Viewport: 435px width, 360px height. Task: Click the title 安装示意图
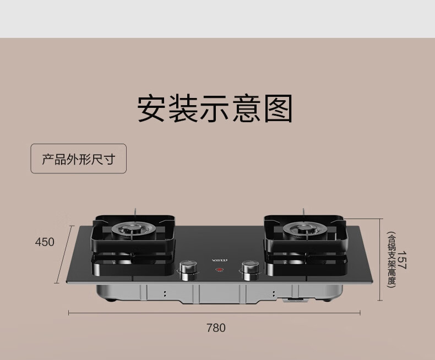tap(215, 109)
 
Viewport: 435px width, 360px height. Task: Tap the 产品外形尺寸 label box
tap(78, 159)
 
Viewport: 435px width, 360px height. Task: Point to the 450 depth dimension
tap(45, 242)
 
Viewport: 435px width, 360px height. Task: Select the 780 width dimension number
tap(216, 328)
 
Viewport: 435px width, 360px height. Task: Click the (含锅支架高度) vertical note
tap(391, 260)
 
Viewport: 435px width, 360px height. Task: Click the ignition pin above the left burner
tap(134, 213)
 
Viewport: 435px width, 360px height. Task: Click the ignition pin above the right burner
tap(303, 213)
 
